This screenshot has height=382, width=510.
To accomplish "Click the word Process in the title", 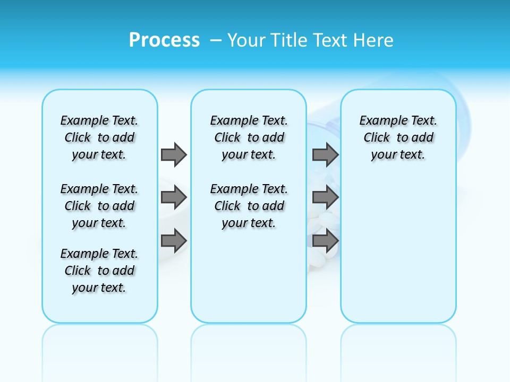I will point(164,40).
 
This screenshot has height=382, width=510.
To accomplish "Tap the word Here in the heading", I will point(372,40).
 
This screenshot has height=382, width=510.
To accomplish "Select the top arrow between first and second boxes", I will point(174,155).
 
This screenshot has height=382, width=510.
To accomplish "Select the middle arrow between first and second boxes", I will point(174,198).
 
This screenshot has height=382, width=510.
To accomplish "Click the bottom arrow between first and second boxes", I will point(174,241).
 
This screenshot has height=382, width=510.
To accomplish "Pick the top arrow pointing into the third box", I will point(325,155).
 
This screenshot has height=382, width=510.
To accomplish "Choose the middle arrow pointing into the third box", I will point(325,198).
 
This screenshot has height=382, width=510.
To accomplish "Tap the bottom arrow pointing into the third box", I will point(325,241).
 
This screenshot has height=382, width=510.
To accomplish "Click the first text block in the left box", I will point(99,137).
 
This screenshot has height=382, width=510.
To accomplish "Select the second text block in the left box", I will point(99,206).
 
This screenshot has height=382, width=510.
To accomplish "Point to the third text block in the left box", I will point(99,271).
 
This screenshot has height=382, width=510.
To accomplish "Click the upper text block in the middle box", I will point(249,137).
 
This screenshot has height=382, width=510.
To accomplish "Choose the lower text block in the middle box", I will point(249,206).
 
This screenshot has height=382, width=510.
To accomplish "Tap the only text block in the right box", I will point(398,137).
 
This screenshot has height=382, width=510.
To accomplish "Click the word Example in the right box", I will point(378,121).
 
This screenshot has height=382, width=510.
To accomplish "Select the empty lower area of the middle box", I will point(249,276).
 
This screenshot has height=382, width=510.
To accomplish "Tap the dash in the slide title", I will point(216,40).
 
